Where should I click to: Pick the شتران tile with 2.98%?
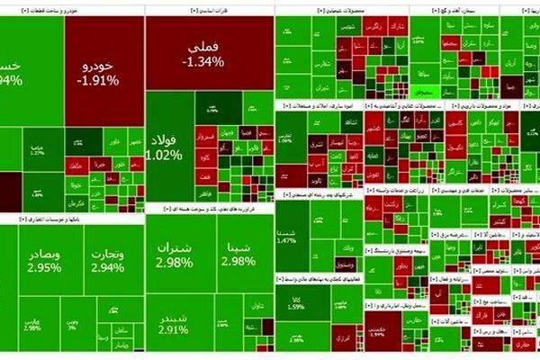click(x=175, y=254)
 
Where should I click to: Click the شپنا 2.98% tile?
click(x=238, y=254)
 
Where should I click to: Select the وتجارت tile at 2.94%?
click(x=107, y=261)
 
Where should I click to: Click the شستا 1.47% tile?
click(x=288, y=236)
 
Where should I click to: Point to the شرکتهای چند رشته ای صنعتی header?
click(x=319, y=193)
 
